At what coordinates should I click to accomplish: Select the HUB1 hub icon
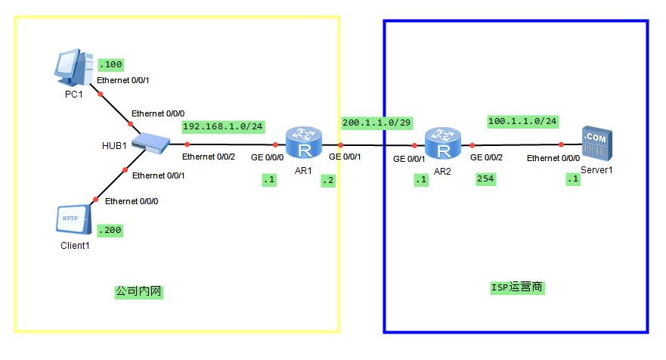point(149,142)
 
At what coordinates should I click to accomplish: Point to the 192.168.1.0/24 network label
point(222,126)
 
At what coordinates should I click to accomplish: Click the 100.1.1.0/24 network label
point(522,120)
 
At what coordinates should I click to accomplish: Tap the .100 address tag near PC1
point(111,64)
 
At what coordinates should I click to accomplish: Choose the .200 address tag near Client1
point(110,230)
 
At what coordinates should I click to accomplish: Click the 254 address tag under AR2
point(485,179)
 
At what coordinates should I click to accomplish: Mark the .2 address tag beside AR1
point(328,180)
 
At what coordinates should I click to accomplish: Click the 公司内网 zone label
point(139,290)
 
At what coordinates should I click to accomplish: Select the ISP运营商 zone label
point(518,287)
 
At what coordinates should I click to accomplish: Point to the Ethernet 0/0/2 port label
point(208,157)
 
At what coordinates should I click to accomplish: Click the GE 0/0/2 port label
point(488,158)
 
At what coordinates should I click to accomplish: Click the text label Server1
point(596,170)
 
